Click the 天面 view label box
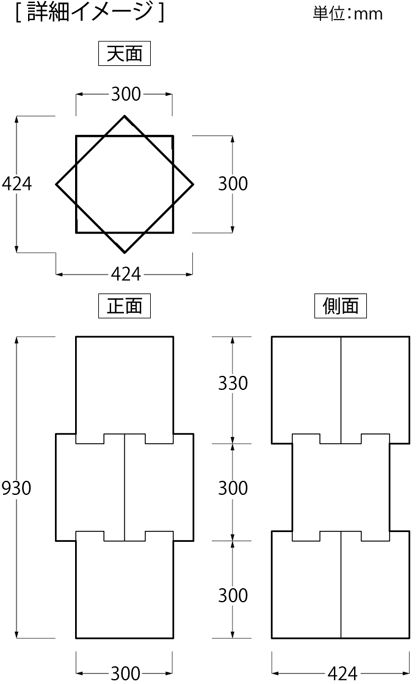124,53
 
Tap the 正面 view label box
124,305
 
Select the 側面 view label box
340,305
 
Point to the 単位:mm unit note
348,14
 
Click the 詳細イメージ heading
89,12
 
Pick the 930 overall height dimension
17,488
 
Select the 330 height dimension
233,383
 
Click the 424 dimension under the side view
342,674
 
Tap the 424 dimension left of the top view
17,184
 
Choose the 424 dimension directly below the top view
126,274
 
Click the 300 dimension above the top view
126,94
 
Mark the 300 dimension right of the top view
233,184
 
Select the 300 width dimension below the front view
126,674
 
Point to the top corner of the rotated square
124,116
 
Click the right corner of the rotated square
193,184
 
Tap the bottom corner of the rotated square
124,253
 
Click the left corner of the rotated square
56,184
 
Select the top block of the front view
124,384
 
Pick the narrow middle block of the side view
341,488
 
